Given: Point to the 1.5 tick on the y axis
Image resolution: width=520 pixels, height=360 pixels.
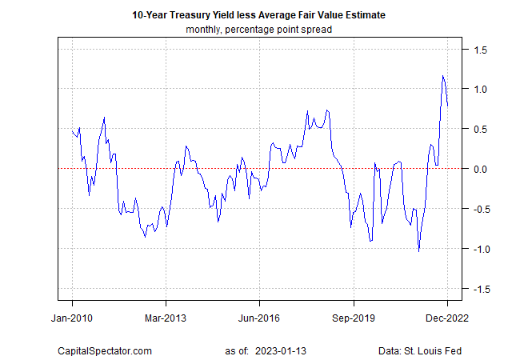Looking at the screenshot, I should point(479,49).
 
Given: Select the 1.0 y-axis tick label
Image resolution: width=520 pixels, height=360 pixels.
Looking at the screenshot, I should point(479,89).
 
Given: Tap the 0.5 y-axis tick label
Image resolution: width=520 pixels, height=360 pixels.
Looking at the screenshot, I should point(479,129).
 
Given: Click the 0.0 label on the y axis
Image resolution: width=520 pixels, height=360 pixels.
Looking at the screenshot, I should point(479,169).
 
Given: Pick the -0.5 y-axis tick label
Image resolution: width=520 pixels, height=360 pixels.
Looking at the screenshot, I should point(478,209).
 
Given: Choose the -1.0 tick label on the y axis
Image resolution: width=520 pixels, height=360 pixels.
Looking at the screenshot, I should point(478,249).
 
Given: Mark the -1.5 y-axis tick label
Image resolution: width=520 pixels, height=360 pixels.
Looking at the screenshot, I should point(478,289).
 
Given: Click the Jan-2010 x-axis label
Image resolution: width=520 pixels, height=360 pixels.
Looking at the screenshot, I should point(72,317).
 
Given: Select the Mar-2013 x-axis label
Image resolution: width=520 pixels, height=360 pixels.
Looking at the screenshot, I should point(166,317).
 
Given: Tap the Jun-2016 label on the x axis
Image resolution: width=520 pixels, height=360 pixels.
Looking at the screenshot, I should point(259,317).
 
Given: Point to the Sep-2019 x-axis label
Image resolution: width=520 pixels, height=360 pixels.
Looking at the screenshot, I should point(353,317).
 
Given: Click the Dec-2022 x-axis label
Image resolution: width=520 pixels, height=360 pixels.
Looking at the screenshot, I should point(446,317).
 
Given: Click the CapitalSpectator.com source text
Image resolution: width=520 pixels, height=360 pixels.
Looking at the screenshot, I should point(104,350).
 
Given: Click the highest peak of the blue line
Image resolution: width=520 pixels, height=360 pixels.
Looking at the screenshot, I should point(442,76).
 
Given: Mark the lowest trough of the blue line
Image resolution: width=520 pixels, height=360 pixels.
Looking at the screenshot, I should point(419,251).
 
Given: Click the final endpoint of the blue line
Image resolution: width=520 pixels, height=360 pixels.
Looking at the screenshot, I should point(447,105).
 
